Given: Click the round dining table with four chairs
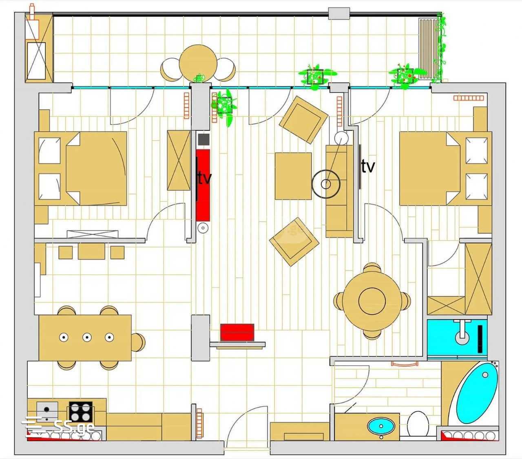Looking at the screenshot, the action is pos(372,300).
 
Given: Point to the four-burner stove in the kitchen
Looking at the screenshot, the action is pos(80,412).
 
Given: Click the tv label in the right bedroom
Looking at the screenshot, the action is pos(368,167).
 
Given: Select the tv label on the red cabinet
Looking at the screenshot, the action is pos(205,178).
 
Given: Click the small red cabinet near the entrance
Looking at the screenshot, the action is pos(237,332).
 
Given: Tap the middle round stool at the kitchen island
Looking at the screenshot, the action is pos(87,337).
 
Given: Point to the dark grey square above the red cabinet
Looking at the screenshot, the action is pos(203,139).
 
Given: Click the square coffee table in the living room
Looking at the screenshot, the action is pos(293,176).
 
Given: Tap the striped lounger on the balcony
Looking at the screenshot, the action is pos(428,49).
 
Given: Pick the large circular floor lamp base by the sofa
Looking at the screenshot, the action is pos(326,184).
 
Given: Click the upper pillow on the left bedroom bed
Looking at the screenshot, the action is pos(49,150).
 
